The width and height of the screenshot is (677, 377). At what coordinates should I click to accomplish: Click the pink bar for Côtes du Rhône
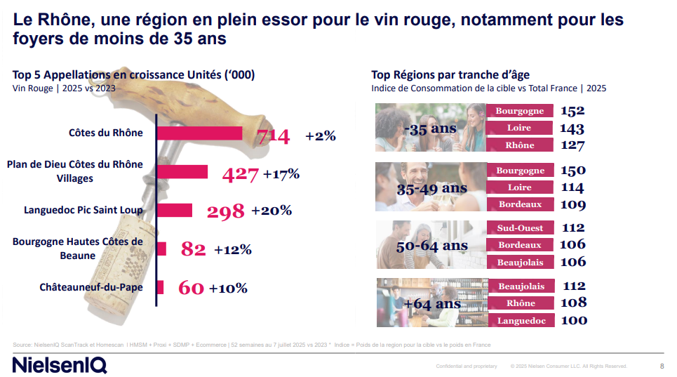[199, 133]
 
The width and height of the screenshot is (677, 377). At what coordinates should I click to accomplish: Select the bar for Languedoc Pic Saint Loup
[174, 210]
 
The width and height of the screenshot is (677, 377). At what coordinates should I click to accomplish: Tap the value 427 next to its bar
[240, 175]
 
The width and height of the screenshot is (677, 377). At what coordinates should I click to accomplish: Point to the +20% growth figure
[272, 211]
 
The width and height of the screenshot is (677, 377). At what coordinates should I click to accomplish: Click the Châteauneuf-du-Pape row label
[91, 287]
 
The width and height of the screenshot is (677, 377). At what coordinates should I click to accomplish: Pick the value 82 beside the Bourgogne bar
[193, 249]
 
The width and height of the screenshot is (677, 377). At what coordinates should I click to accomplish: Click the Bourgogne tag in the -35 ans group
[520, 111]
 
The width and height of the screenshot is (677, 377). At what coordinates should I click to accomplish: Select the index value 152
[572, 111]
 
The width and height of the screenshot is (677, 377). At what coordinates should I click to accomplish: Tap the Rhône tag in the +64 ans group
[520, 303]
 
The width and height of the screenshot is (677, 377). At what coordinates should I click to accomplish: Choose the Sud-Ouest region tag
[520, 227]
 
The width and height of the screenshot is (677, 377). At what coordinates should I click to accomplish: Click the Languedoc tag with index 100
[520, 321]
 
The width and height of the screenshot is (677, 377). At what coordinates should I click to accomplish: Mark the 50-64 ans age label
[432, 246]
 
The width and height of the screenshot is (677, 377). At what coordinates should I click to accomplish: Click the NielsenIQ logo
[60, 364]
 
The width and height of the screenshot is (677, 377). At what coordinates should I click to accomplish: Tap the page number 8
[662, 366]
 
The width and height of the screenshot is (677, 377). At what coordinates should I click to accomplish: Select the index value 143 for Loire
[572, 128]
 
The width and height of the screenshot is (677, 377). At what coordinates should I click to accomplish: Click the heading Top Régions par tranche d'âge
[450, 74]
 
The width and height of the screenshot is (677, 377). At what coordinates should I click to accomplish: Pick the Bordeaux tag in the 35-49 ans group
[520, 205]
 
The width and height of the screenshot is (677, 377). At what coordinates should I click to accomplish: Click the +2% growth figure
[321, 136]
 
